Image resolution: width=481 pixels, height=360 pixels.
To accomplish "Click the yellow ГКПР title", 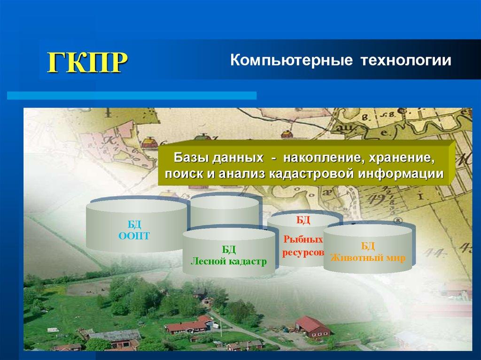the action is pyautogui.click(x=87, y=62).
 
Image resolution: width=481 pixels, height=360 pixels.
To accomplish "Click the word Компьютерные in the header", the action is pyautogui.click(x=291, y=60).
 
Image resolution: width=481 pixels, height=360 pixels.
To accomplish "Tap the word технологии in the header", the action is pyautogui.click(x=406, y=60).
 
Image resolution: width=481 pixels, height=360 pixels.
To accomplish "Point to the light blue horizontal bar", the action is pyautogui.click(x=132, y=95).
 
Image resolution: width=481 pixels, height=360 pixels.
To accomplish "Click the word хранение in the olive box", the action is pyautogui.click(x=402, y=158).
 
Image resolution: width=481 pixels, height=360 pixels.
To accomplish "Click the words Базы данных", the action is pyautogui.click(x=219, y=158).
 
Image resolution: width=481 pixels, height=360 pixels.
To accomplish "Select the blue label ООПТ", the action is pyautogui.click(x=134, y=236).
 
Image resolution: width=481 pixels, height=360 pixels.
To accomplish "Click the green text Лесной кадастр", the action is pyautogui.click(x=229, y=261).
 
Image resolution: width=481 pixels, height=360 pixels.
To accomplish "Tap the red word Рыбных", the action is pyautogui.click(x=303, y=239).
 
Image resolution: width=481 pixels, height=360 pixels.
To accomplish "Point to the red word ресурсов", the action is pyautogui.click(x=303, y=253).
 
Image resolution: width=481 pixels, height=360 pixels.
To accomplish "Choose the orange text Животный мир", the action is pyautogui.click(x=368, y=258).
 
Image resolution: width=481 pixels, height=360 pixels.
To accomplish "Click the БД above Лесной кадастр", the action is pyautogui.click(x=229, y=250).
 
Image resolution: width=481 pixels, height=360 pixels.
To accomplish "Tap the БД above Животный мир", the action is pyautogui.click(x=368, y=245).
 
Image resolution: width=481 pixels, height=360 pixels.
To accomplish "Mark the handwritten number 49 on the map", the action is pyautogui.click(x=374, y=200).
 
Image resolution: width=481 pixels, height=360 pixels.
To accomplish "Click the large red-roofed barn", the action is pyautogui.click(x=313, y=327).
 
